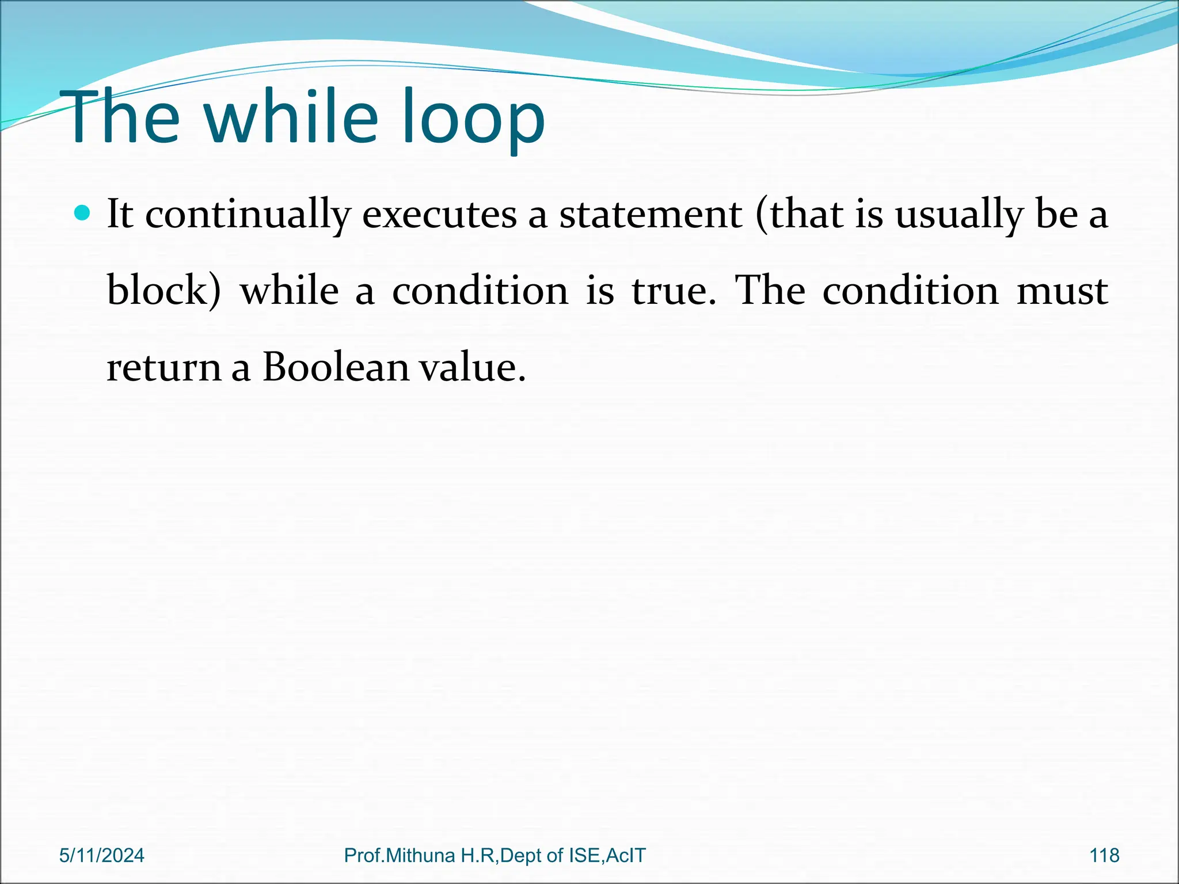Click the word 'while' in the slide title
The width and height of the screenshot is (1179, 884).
[x=291, y=118]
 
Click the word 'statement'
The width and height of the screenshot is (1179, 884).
[x=651, y=215]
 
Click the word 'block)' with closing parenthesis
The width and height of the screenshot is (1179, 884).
[x=164, y=290]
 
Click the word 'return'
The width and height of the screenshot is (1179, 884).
[x=164, y=367]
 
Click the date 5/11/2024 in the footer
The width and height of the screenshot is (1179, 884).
[x=102, y=855]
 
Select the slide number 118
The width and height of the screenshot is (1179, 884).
[x=1104, y=855]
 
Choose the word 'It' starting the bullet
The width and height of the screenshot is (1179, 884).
[x=120, y=214]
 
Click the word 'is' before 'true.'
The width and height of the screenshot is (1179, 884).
[x=600, y=290]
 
